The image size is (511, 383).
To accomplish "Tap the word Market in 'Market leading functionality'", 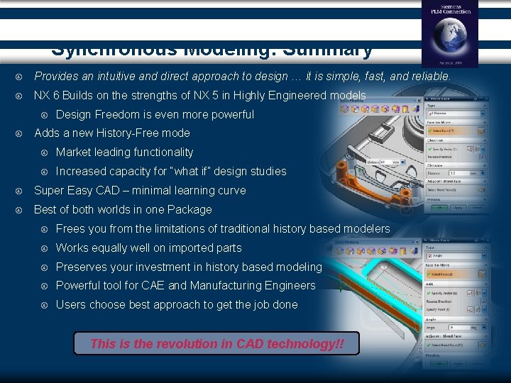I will [x=72, y=152].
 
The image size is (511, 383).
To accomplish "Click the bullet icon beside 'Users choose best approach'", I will [x=44, y=305].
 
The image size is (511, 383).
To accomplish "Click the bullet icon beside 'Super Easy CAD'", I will [x=23, y=191].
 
